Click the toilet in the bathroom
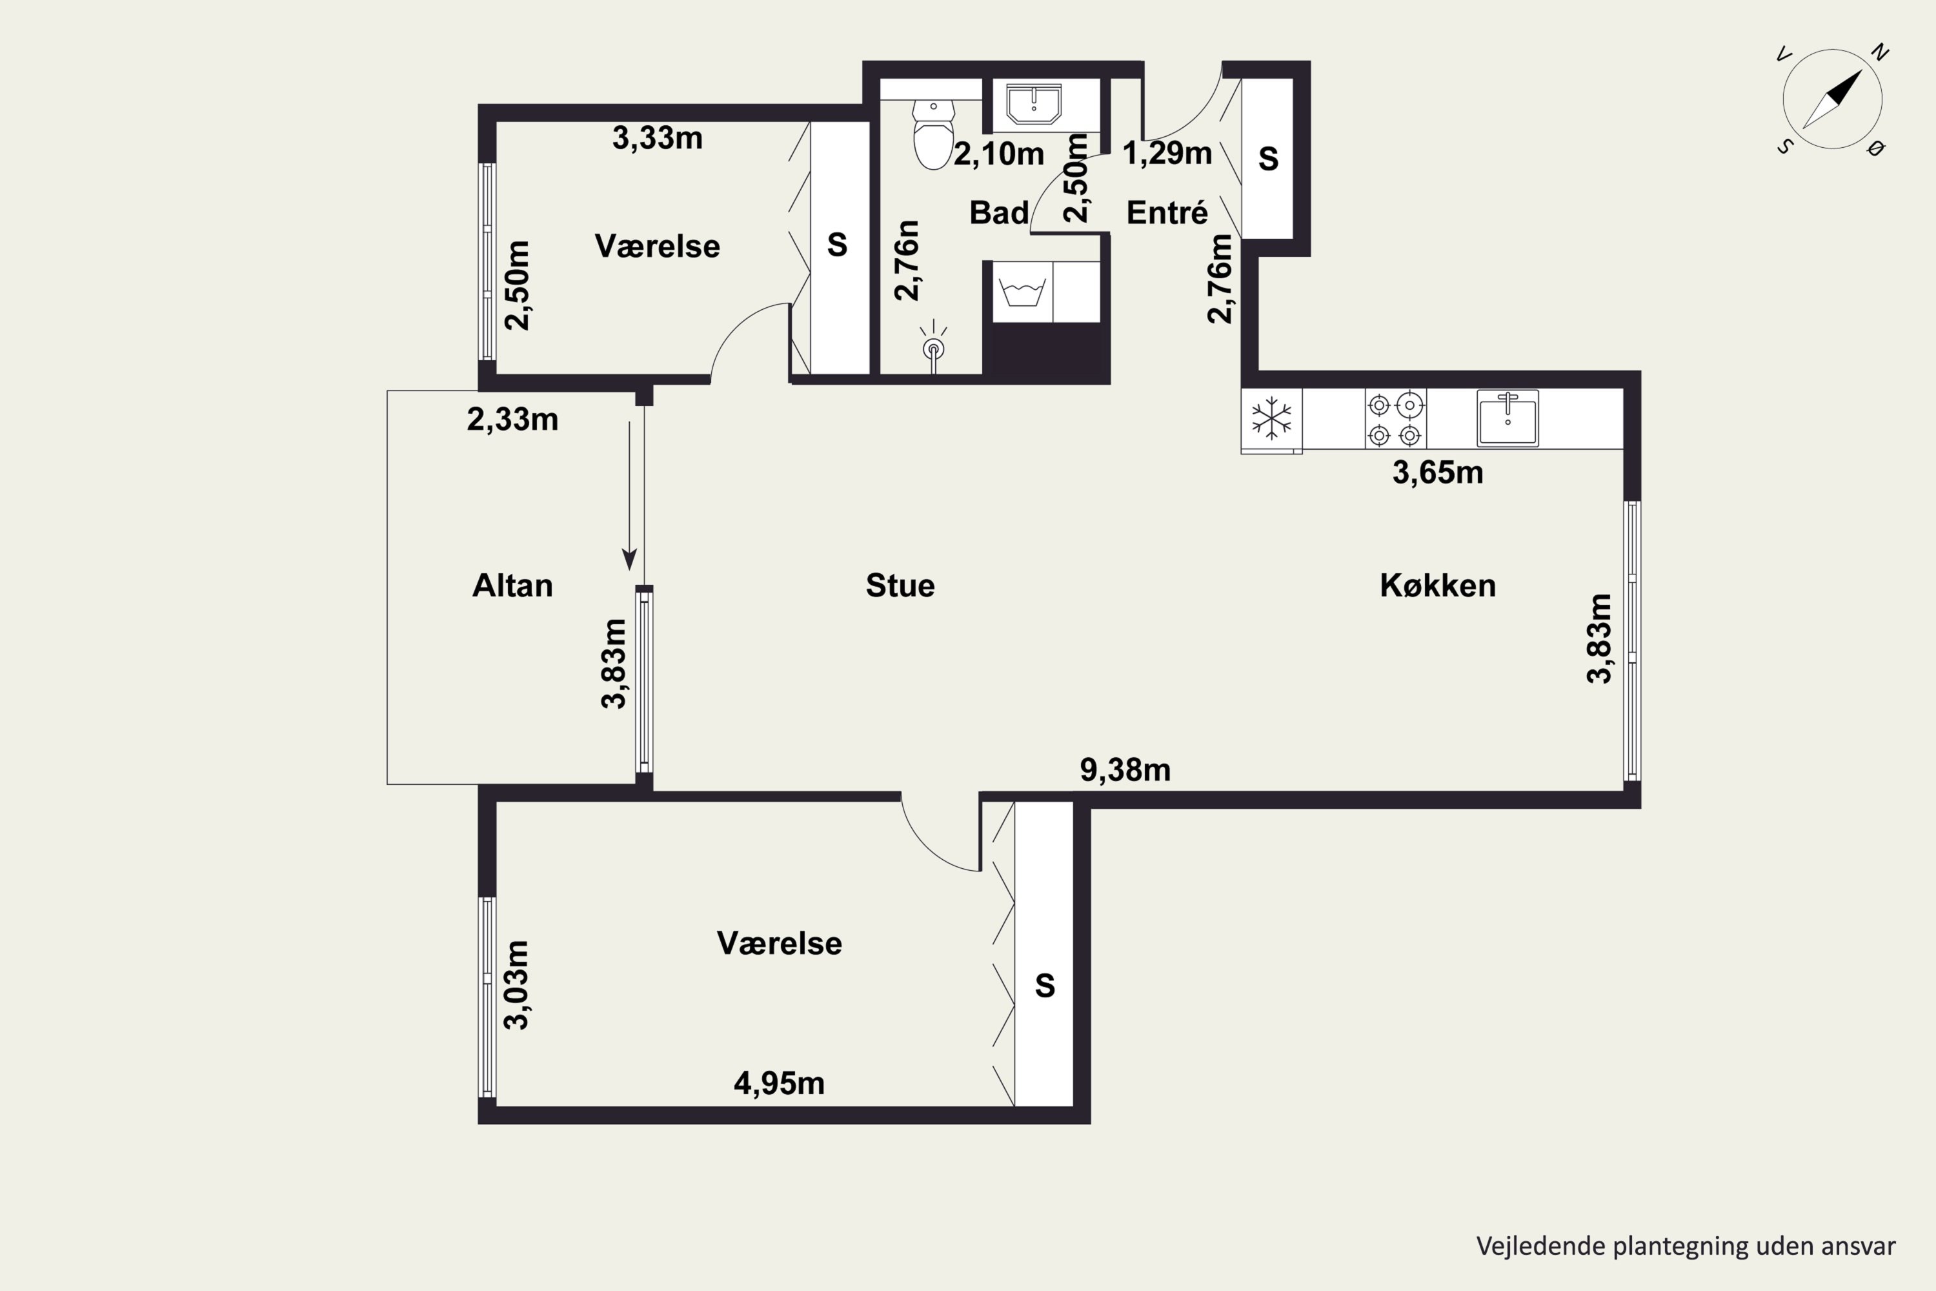click(x=933, y=134)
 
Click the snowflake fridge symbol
click(x=1272, y=418)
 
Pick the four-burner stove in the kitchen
click(x=1395, y=418)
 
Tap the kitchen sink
click(x=1507, y=418)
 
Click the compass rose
click(x=1832, y=99)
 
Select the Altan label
click(x=512, y=585)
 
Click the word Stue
click(x=900, y=585)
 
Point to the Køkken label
click(x=1437, y=585)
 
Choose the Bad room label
click(x=998, y=212)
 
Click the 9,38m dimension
click(x=1125, y=770)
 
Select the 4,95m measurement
click(x=779, y=1084)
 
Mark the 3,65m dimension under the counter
click(x=1437, y=473)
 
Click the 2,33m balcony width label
click(x=512, y=419)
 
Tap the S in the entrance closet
click(x=1267, y=158)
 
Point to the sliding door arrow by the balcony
click(x=630, y=496)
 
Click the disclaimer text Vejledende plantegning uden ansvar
click(x=1686, y=1246)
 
